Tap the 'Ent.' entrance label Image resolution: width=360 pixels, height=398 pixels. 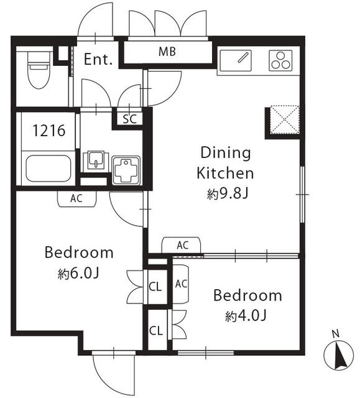98,60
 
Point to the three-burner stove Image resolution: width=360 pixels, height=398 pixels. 279,61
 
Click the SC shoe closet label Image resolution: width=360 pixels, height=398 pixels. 130,118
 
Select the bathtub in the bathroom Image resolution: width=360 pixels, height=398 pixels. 48,167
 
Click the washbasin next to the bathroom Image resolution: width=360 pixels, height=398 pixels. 95,160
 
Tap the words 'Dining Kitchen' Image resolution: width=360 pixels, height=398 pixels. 225,162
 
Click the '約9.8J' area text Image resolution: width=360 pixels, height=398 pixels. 228,194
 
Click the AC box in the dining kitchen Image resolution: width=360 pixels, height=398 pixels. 182,246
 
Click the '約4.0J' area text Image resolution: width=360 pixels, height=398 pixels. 246,316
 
